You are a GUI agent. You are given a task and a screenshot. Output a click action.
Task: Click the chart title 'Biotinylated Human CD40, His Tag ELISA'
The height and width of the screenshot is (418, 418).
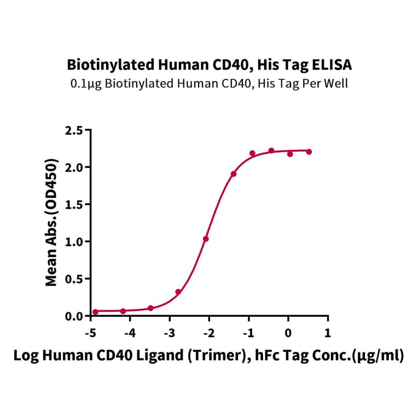coord(209,65)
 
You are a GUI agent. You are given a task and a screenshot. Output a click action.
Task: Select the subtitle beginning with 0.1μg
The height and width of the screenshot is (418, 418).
coord(209,83)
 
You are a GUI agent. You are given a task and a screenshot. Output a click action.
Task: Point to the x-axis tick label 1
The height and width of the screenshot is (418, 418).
coord(327,333)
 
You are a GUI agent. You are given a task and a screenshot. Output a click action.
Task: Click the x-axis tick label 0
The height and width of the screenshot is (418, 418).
coord(288,333)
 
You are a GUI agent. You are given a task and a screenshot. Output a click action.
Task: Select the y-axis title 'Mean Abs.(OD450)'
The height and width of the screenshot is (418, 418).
coord(51,223)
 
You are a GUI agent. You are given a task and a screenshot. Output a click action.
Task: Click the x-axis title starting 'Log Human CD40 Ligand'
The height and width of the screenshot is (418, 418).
coord(209,356)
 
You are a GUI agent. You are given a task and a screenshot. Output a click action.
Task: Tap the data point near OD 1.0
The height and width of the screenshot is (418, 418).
coord(206,239)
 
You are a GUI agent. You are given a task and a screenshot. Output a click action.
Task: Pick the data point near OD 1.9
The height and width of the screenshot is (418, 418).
coord(234,174)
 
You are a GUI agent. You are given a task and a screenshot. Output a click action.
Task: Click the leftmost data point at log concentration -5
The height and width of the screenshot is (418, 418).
coord(95,312)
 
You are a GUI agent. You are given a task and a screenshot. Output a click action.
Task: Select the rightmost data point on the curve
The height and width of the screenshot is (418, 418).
coord(309,152)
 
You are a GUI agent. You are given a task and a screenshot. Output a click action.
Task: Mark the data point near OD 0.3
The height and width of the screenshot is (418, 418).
coord(178,292)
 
